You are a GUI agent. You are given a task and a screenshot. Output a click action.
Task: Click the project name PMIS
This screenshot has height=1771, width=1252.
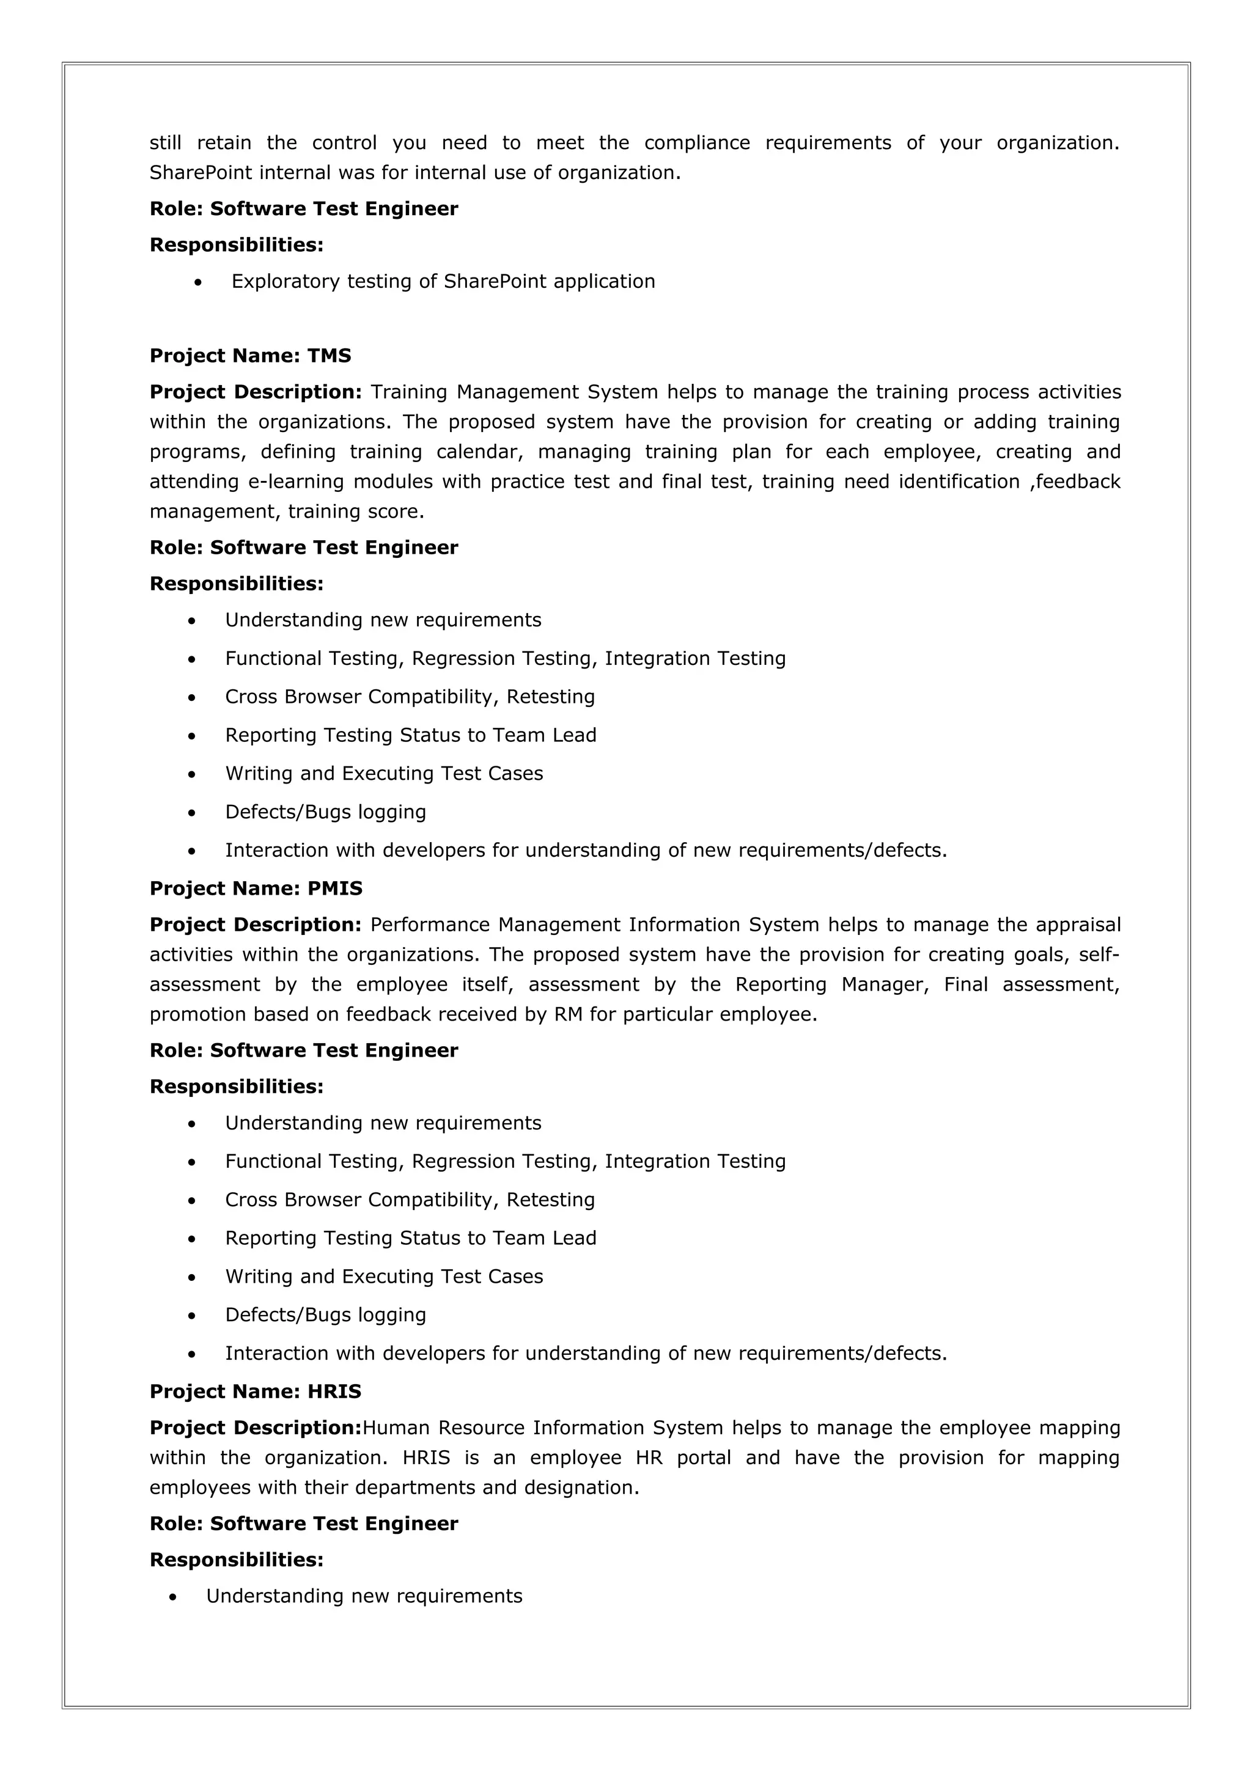coord(335,889)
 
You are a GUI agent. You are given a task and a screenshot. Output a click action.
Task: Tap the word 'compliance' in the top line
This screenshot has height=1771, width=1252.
coord(696,144)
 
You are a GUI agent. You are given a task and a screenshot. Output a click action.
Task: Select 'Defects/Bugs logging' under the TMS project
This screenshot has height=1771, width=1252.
coord(326,812)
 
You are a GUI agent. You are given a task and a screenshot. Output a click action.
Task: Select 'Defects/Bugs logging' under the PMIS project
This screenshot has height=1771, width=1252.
coord(326,1315)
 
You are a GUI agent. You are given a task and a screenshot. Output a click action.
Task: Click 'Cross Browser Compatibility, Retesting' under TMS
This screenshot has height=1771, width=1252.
coord(410,697)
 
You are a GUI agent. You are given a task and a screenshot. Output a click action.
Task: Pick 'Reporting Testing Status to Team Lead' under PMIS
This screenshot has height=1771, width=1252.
coord(410,1239)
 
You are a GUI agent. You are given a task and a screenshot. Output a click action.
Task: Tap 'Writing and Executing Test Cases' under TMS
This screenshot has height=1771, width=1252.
coord(383,774)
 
